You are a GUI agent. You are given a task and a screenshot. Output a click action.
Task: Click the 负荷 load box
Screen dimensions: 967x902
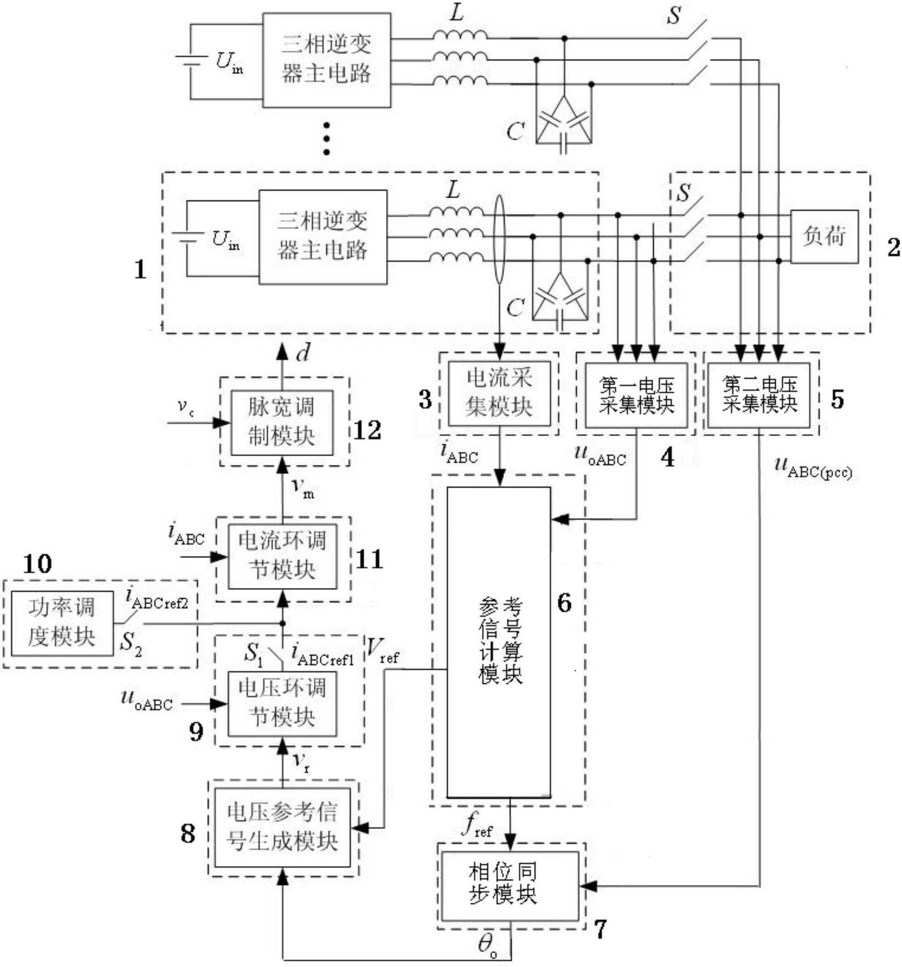click(x=824, y=236)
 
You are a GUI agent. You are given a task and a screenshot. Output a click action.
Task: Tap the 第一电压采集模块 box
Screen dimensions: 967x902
click(x=636, y=395)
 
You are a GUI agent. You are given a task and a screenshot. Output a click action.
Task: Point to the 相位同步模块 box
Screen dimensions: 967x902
click(x=510, y=886)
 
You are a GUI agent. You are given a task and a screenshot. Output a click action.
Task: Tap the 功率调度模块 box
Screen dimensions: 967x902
click(x=62, y=623)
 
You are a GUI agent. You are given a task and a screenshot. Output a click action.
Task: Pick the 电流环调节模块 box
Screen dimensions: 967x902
click(x=282, y=556)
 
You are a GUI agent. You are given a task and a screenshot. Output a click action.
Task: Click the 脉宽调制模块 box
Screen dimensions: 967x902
click(x=282, y=422)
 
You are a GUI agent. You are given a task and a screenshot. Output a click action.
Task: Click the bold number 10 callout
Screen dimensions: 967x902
click(x=38, y=564)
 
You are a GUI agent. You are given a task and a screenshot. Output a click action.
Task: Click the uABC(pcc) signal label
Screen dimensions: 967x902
click(x=812, y=468)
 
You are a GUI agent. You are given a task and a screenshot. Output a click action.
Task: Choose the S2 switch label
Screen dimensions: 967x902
click(x=130, y=644)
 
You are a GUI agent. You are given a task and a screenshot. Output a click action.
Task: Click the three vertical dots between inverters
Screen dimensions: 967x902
click(x=326, y=139)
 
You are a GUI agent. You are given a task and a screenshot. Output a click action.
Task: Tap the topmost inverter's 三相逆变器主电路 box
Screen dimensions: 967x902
click(x=326, y=60)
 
